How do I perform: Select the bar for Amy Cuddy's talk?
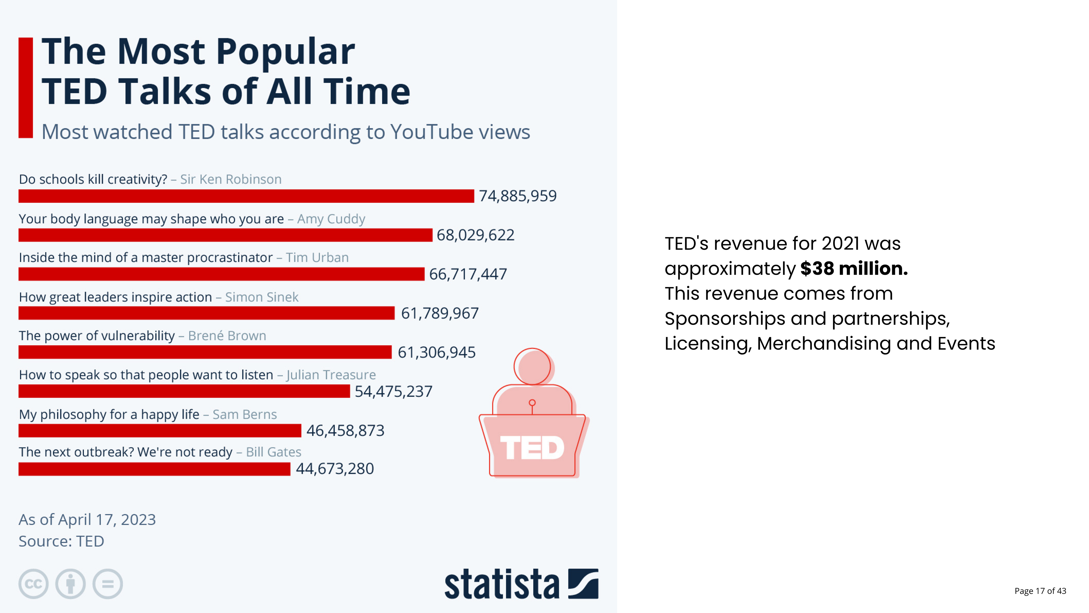coord(225,235)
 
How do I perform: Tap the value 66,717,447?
coord(468,274)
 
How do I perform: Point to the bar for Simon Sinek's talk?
coord(206,313)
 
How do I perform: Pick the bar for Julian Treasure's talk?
coord(184,391)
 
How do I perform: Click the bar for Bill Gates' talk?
coord(154,469)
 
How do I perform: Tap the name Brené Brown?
coord(227,336)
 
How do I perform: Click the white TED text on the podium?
coord(532,448)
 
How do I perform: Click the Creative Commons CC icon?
coord(33,584)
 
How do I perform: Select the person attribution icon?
coord(71,584)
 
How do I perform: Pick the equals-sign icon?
coord(108,584)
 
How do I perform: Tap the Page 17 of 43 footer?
coord(1040,591)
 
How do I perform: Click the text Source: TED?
coord(61,541)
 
